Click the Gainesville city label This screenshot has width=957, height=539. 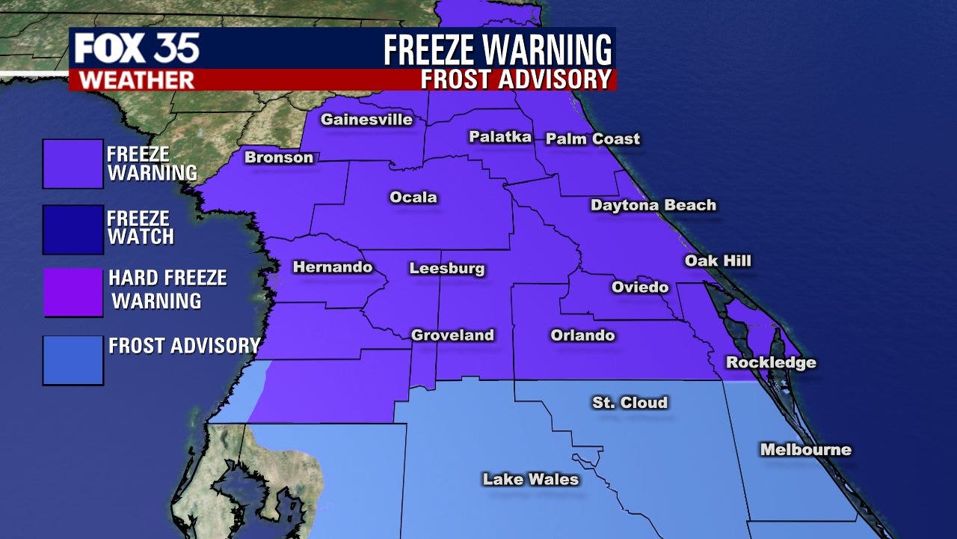(x=366, y=120)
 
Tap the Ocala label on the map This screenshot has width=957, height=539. (x=413, y=198)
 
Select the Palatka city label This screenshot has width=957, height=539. (x=500, y=137)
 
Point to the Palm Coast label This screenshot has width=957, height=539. (x=593, y=138)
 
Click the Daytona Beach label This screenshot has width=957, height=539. (x=653, y=205)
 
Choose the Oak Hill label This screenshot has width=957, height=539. (x=718, y=261)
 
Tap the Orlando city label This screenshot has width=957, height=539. (x=582, y=335)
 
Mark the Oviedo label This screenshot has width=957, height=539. (x=640, y=287)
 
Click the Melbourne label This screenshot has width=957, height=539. (x=805, y=450)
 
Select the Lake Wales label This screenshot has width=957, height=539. (x=531, y=479)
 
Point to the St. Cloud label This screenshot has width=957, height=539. (x=630, y=403)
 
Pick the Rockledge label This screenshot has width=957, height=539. (x=771, y=363)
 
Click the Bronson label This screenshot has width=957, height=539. (x=279, y=158)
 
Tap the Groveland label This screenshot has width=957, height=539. (x=453, y=335)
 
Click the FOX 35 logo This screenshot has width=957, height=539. (x=137, y=49)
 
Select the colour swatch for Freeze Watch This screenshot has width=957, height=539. (x=73, y=230)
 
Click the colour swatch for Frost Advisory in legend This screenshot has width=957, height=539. (x=73, y=360)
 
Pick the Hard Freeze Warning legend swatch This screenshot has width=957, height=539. (x=73, y=293)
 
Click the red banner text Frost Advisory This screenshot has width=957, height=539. (x=516, y=79)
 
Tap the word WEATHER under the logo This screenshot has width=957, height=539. (x=136, y=80)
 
